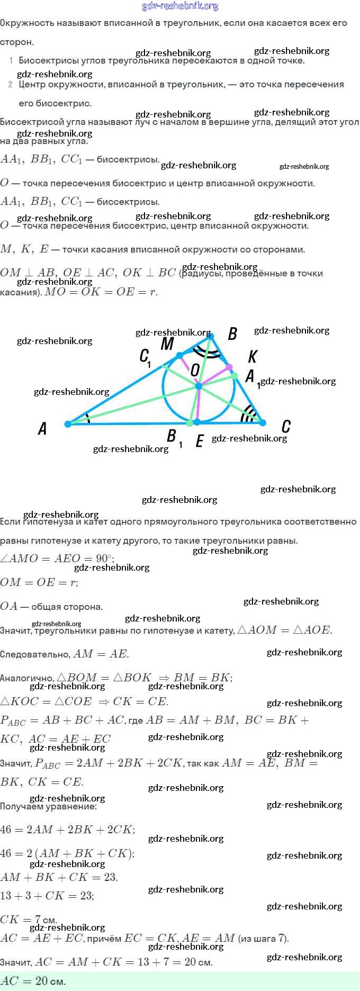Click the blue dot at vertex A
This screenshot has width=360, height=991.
click(x=68, y=424)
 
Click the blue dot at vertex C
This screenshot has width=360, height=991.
click(x=262, y=422)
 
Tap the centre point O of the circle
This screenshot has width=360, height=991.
click(x=199, y=386)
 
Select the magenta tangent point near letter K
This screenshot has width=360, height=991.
click(x=229, y=367)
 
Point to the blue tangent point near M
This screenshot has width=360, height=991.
click(x=180, y=355)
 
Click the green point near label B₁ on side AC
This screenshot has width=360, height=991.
click(x=190, y=423)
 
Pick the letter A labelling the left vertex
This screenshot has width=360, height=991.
click(x=43, y=428)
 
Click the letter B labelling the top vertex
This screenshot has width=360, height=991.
click(x=232, y=334)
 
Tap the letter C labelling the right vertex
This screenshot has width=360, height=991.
click(x=286, y=426)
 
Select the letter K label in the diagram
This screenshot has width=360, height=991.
click(x=252, y=357)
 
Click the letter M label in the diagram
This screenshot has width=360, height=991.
click(x=167, y=344)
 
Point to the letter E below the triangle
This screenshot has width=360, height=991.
click(x=200, y=441)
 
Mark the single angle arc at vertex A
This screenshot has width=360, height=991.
click(x=88, y=419)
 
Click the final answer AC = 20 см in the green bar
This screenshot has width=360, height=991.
click(x=33, y=981)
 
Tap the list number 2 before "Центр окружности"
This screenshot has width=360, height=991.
click(x=11, y=84)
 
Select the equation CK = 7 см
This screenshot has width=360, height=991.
click(x=29, y=920)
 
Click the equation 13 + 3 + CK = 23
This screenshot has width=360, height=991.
click(x=47, y=896)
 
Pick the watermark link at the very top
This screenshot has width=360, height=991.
click(x=180, y=6)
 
